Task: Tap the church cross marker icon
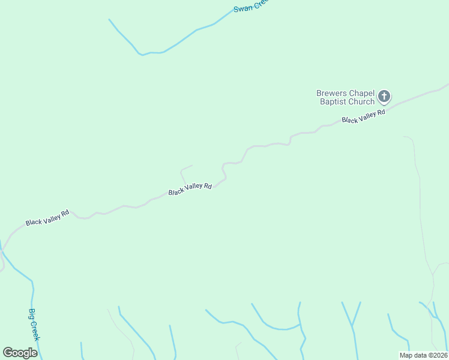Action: coord(384,96)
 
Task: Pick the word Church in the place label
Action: coord(361,102)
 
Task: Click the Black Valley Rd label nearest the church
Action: coord(363,116)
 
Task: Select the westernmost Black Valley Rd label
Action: coord(47,218)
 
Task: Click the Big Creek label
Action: coord(34,325)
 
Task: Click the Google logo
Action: coord(20,353)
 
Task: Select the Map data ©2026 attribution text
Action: coord(423,355)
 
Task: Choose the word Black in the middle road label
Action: coord(176,192)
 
